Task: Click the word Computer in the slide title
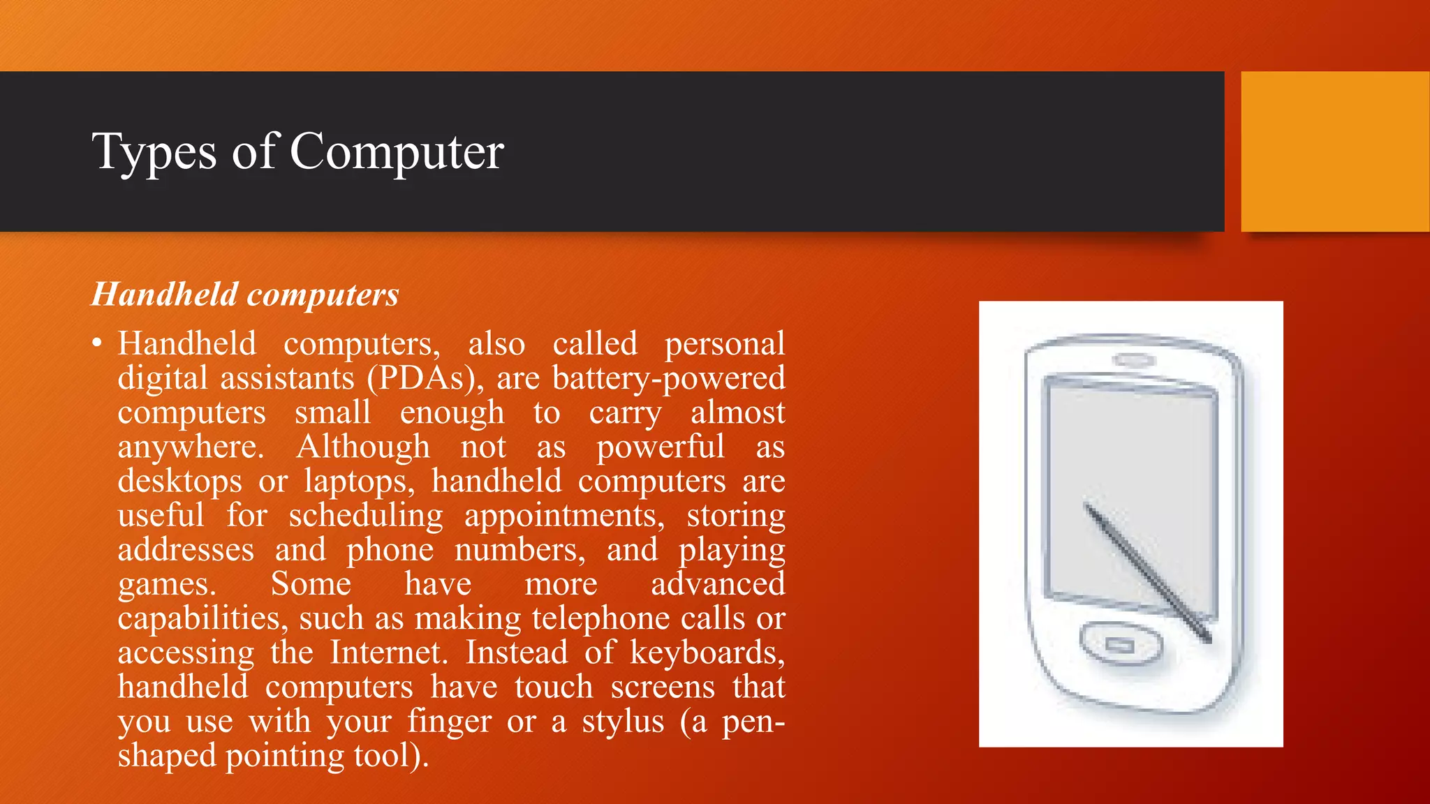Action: [x=396, y=151]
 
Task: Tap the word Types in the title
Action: [x=154, y=151]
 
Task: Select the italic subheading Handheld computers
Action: [x=245, y=295]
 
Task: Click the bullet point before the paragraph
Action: [x=97, y=343]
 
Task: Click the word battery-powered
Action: [x=668, y=378]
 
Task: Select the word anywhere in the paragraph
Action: [x=191, y=447]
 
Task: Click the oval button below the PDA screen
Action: [x=1121, y=643]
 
